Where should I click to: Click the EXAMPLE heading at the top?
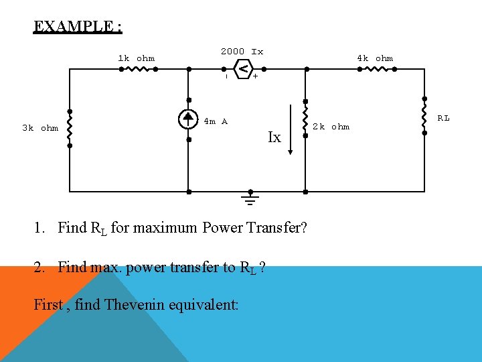(78, 27)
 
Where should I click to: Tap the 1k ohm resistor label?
(136, 58)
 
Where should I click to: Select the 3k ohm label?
(40, 128)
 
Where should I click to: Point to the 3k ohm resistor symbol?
(70, 127)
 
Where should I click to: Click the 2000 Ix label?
(242, 52)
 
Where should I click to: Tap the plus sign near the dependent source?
(255, 77)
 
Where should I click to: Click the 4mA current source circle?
(189, 119)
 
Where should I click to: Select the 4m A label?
(216, 121)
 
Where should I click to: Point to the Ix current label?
(274, 138)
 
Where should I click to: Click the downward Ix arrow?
(291, 130)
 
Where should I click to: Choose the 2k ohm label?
(331, 127)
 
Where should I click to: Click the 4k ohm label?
(375, 58)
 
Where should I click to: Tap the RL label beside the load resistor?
(443, 119)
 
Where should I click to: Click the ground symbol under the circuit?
(250, 200)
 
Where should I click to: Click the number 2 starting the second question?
(38, 267)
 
